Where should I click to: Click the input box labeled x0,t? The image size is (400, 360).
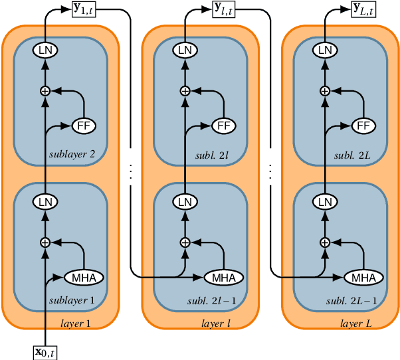coord(49,351)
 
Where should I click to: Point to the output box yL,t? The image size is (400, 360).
coord(363,9)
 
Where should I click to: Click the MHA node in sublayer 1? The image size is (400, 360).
coord(84,277)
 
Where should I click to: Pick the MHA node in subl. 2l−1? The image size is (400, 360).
coord(224,277)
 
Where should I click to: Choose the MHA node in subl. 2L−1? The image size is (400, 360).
coord(363,277)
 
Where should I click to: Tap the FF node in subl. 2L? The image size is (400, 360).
coord(361,125)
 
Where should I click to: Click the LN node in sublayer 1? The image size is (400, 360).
coord(45,201)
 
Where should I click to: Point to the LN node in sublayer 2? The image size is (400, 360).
coord(45,50)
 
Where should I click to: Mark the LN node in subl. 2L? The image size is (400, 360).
coord(325,50)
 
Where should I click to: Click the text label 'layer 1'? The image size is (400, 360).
coord(76,323)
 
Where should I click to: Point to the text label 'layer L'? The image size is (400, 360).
coord(356,323)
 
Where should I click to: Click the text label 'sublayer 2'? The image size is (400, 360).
coord(72,155)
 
